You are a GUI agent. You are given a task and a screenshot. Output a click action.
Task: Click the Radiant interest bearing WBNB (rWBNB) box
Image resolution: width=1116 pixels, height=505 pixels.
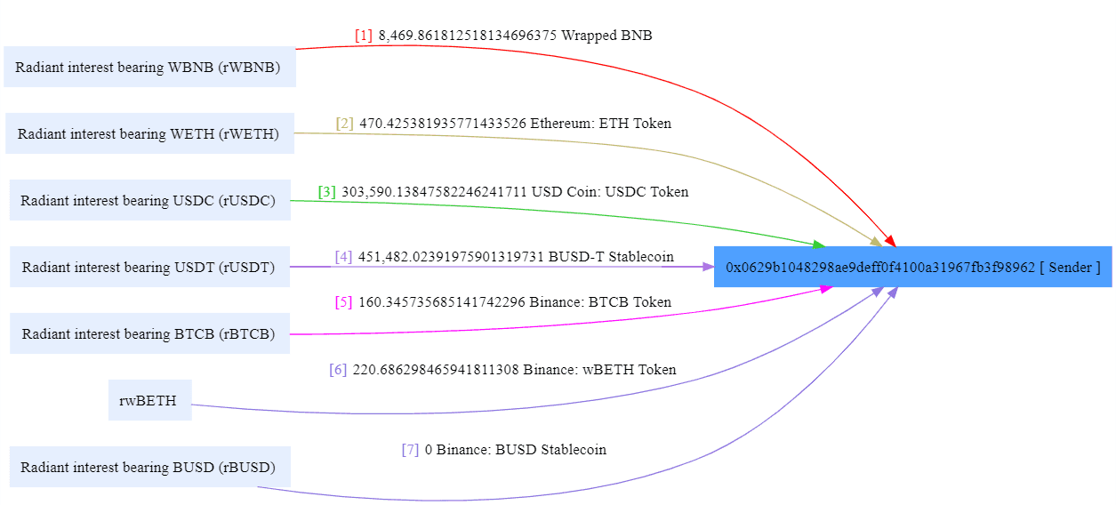(x=149, y=67)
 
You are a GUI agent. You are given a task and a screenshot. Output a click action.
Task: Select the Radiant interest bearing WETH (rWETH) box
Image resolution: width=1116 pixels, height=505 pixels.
(x=149, y=133)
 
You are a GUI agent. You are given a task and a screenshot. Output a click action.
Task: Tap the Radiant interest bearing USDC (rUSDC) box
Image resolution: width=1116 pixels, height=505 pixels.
(x=149, y=200)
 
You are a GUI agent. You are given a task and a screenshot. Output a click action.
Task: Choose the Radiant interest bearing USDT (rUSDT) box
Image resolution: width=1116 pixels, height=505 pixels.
(x=149, y=267)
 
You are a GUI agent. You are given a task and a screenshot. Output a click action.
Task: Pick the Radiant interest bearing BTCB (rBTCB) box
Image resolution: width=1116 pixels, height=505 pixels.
(x=149, y=333)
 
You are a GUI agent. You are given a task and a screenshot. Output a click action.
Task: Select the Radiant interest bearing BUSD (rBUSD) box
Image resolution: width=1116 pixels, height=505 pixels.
(x=149, y=467)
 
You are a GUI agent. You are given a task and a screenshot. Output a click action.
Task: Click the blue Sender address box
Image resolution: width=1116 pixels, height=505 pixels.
(x=912, y=267)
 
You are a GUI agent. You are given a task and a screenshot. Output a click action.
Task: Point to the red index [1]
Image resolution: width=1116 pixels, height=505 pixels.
(x=364, y=36)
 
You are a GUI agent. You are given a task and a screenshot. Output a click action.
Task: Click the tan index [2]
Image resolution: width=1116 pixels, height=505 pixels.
(x=344, y=124)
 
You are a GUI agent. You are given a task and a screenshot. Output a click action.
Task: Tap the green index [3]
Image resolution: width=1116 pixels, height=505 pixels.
(x=327, y=192)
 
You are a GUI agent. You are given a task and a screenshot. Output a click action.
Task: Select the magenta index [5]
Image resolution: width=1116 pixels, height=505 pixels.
(x=343, y=302)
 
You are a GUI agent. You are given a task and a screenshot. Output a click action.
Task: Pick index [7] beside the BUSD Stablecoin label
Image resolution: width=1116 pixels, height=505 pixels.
(x=410, y=450)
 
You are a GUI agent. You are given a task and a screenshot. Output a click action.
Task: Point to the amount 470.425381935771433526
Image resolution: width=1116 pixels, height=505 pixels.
(x=443, y=124)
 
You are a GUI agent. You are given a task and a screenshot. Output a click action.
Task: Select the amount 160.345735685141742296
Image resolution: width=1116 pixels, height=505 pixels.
(x=442, y=302)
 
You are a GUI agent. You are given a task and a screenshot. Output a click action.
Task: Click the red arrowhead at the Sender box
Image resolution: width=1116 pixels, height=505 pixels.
(x=890, y=241)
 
